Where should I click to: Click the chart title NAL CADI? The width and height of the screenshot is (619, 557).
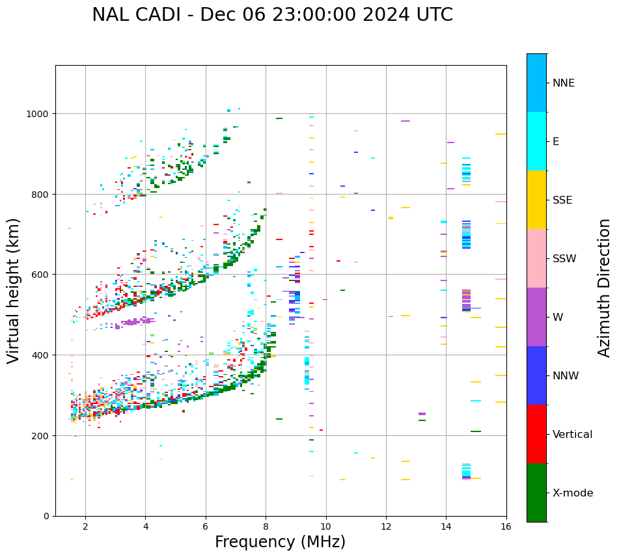(x=272, y=15)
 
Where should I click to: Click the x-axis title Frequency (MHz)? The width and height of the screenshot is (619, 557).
(x=280, y=542)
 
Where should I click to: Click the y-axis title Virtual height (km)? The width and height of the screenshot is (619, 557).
(x=14, y=291)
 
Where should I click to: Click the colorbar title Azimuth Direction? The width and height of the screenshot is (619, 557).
(x=605, y=288)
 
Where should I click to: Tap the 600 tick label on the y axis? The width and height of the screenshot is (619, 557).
(x=40, y=275)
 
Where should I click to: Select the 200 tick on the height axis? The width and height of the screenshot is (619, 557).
(x=40, y=435)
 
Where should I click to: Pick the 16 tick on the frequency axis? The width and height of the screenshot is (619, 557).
(x=506, y=526)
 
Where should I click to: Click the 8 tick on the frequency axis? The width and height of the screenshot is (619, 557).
(x=266, y=526)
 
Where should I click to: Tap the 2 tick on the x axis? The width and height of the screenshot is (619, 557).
(x=85, y=526)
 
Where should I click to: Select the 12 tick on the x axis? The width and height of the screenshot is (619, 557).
(x=386, y=526)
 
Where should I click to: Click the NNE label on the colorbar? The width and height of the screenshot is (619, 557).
(x=564, y=83)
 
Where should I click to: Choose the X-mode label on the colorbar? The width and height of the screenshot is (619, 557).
(x=573, y=493)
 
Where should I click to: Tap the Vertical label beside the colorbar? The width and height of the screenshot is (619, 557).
(x=573, y=434)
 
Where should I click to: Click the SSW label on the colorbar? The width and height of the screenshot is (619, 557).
(x=564, y=258)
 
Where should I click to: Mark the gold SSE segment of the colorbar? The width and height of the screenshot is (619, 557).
(x=536, y=200)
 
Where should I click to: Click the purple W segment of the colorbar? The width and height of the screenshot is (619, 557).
(x=536, y=317)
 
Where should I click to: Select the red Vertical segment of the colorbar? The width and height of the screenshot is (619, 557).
(x=536, y=434)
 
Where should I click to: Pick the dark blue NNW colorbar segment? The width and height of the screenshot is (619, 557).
(x=536, y=375)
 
